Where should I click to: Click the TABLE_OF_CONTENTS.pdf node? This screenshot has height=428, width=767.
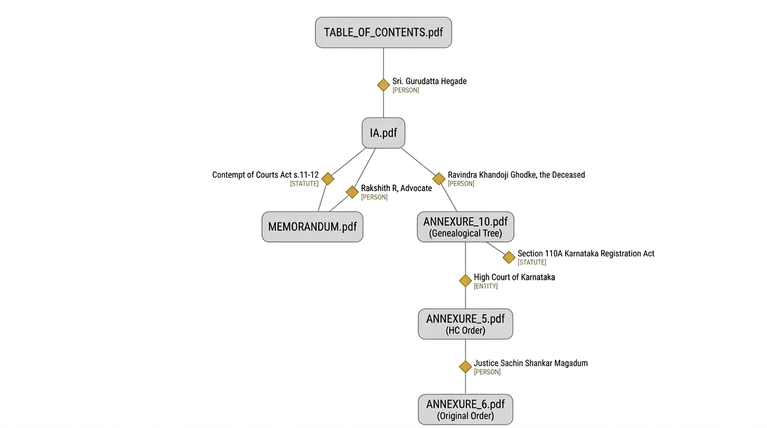coord(383,32)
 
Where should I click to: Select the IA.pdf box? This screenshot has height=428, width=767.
coord(383,133)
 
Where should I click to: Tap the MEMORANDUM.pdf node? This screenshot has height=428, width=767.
coord(312,227)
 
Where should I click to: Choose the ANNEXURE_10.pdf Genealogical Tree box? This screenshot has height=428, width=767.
coord(465,227)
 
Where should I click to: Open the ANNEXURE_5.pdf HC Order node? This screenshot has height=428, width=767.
coord(465,324)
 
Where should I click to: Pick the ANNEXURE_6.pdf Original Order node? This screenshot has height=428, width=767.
coord(465,410)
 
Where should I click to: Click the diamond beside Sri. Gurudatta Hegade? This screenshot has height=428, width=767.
coord(384,85)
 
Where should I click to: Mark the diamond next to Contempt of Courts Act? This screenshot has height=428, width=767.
coord(328,178)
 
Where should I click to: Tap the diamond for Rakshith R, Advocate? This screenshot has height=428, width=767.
coord(352,192)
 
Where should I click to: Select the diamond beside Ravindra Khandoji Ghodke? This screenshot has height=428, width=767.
coord(439,178)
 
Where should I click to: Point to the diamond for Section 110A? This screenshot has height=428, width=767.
coord(509,257)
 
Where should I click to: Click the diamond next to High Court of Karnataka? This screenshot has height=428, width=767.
coord(465,281)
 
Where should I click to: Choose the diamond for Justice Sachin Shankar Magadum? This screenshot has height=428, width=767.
coord(465,367)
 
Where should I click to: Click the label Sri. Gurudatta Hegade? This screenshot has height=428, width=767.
coord(429,81)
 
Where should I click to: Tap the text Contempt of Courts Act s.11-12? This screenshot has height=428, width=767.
coord(265,175)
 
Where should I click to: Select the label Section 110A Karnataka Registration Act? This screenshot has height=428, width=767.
coord(586,254)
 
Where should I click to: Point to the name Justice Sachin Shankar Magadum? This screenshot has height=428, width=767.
coord(531,363)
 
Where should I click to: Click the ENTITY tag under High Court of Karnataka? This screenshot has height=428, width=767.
coord(486,286)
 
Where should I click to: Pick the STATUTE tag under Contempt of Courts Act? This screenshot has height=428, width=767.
coord(304,184)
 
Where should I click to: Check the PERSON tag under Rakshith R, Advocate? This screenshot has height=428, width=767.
coord(374,197)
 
